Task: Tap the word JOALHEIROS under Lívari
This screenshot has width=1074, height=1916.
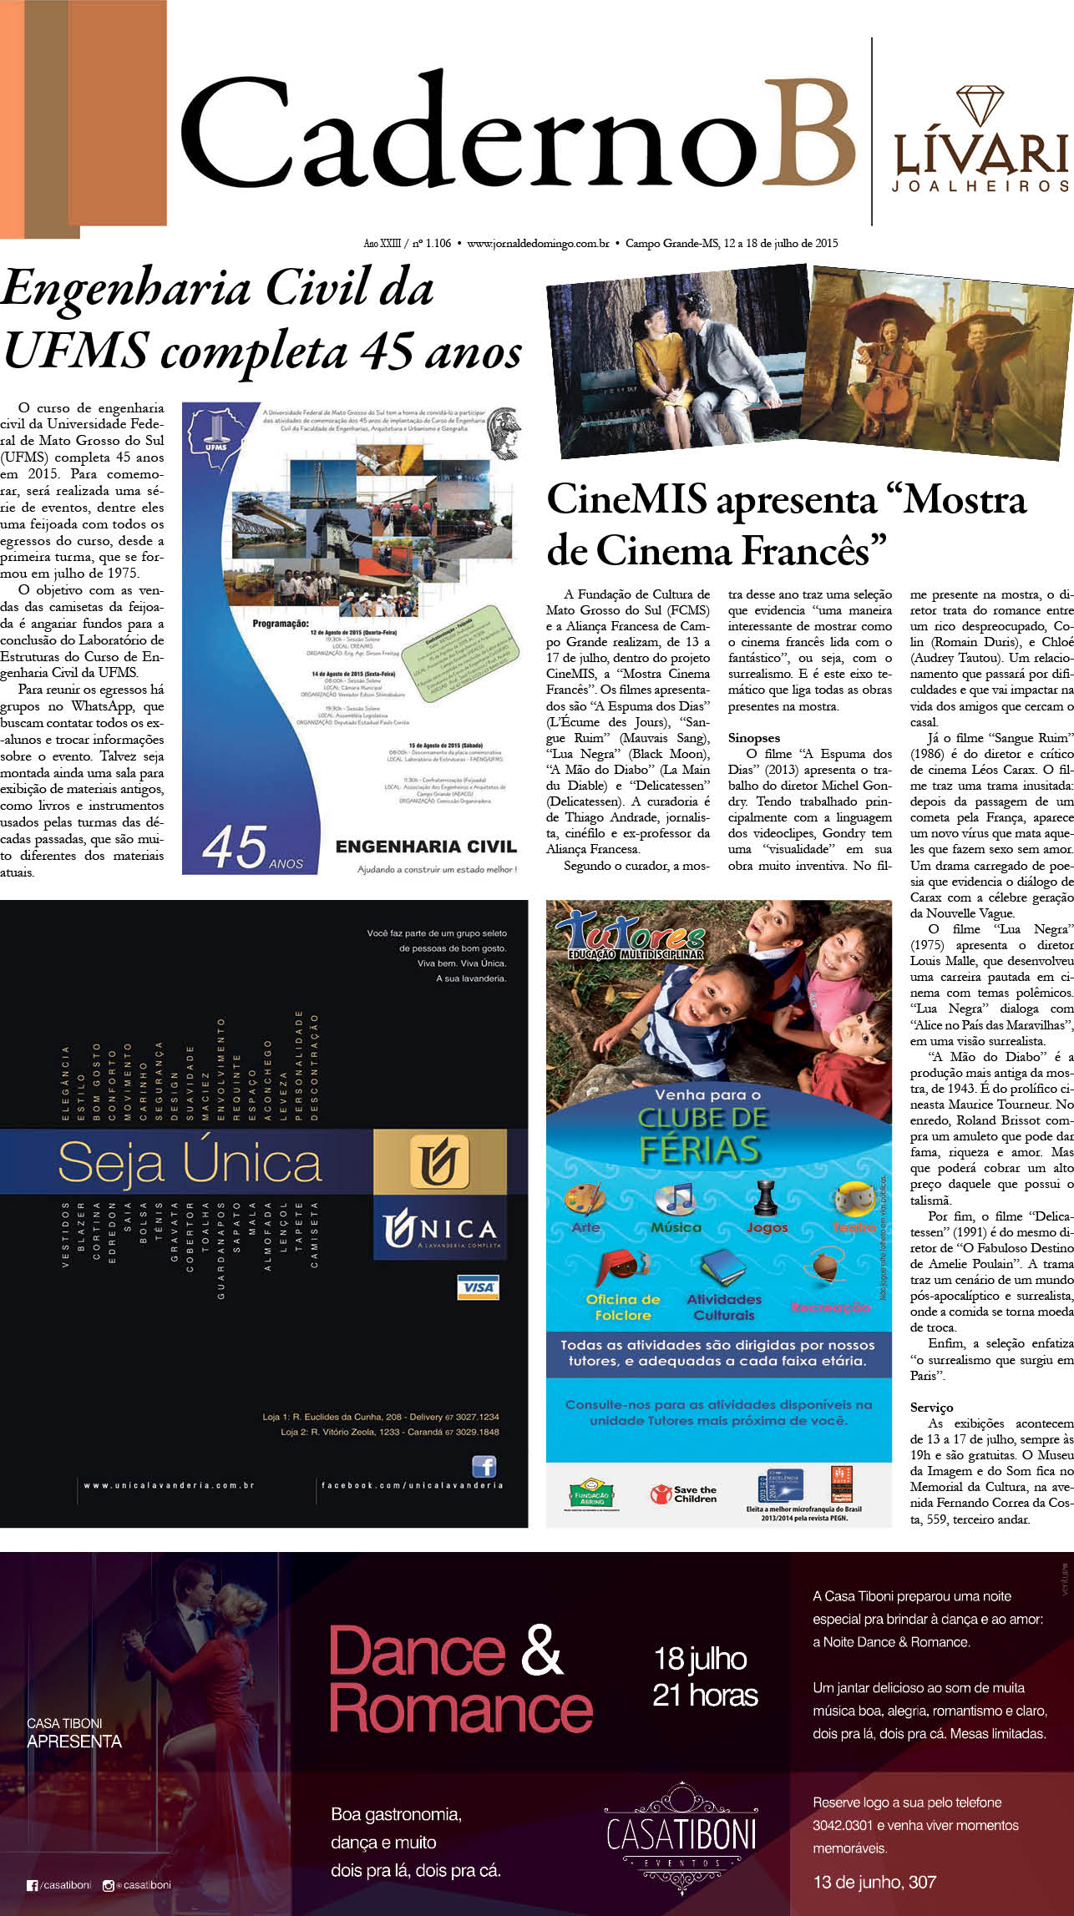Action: coord(980,186)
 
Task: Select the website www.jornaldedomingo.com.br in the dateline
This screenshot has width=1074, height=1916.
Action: coord(538,244)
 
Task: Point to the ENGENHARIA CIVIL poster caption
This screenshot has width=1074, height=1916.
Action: coord(426,847)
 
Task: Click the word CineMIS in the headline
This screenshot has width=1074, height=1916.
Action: coord(626,500)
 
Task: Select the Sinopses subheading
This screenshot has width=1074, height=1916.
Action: coord(753,738)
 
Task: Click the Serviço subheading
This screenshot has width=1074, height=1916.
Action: coord(931,1408)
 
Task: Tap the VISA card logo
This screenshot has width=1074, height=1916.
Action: coord(478,1287)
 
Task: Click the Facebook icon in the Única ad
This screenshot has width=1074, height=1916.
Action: coord(484,1467)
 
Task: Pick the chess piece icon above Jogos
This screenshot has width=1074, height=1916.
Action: coord(762,1198)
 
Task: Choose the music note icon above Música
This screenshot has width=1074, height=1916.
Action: coord(675,1198)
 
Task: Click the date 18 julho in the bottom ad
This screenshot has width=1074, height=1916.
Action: coord(700,1659)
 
